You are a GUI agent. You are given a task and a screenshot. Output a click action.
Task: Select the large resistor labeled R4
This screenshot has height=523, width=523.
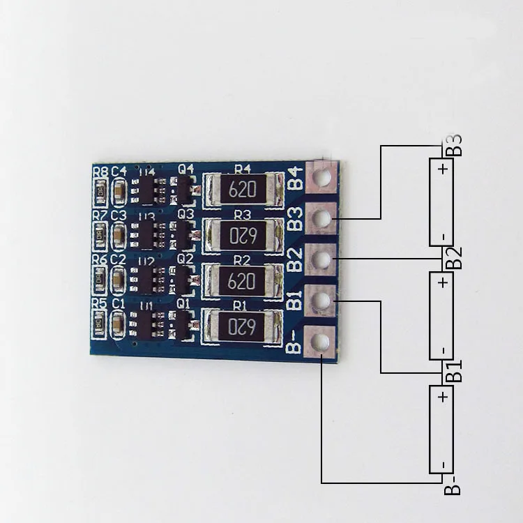242,189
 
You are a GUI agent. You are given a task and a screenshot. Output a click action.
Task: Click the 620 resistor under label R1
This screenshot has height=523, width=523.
242,326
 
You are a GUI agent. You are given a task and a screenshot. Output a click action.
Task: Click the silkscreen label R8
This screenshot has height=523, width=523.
100,171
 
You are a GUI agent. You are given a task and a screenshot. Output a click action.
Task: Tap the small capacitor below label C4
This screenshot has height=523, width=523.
119,188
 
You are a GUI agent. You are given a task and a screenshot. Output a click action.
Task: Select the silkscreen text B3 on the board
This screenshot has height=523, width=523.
296,219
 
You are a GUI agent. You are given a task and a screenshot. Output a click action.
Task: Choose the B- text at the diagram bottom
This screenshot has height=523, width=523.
453,485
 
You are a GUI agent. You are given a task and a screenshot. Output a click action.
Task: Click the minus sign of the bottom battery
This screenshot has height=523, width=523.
441,464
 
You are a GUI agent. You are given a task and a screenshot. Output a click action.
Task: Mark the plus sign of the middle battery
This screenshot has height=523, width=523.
441,282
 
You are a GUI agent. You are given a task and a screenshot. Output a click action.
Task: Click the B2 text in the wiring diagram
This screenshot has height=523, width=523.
453,257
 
